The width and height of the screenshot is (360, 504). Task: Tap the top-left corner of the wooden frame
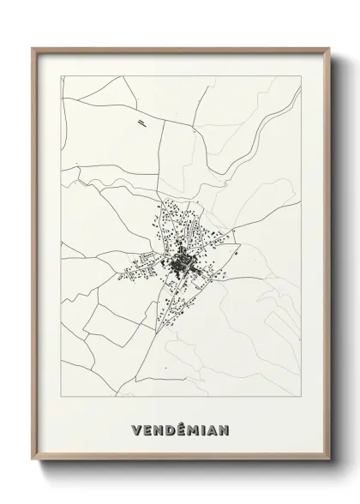click(33, 48)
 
